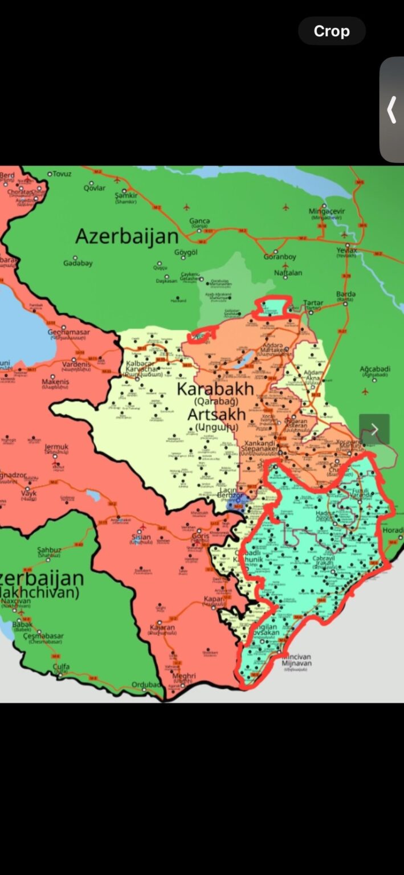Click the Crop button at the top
(332, 31)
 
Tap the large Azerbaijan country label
(127, 236)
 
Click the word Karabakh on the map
(215, 389)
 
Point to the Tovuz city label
(62, 174)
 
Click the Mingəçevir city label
(327, 211)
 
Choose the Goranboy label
(280, 257)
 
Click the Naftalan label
(288, 273)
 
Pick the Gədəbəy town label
(78, 263)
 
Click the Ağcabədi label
(375, 369)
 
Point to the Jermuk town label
(56, 448)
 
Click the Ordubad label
(146, 684)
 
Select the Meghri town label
(183, 676)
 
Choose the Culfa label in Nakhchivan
(61, 666)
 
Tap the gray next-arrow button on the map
(374, 430)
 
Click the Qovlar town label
(95, 188)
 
